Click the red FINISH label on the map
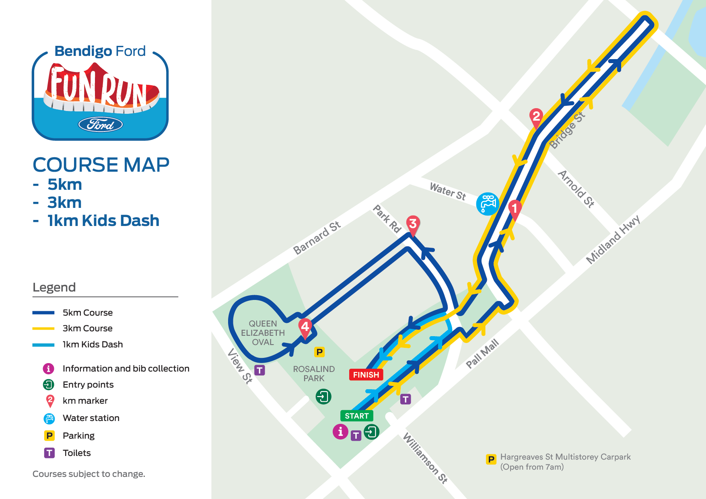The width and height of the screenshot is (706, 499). (x=366, y=375)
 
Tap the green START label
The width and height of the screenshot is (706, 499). (x=356, y=416)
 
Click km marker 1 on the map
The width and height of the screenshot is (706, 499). (x=515, y=208)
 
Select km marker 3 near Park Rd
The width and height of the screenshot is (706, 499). (x=413, y=224)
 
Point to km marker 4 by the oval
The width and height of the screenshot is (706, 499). (x=305, y=327)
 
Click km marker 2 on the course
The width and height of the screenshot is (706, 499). (x=536, y=117)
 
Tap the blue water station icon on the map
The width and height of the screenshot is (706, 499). (x=488, y=203)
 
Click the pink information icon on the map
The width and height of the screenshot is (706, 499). (x=340, y=431)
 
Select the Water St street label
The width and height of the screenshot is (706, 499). (x=448, y=191)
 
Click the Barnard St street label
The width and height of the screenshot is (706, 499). (x=317, y=238)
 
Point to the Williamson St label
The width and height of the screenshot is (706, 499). (x=425, y=458)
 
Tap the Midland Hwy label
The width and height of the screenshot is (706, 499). (x=613, y=240)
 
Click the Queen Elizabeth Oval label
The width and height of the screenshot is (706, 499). (x=263, y=333)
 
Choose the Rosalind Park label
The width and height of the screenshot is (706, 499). (x=314, y=374)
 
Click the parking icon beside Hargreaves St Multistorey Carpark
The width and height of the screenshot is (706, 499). (x=491, y=459)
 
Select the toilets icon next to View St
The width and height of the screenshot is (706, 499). (x=260, y=370)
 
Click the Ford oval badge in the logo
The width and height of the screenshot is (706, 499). (x=100, y=125)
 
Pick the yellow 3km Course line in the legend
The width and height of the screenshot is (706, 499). (x=43, y=329)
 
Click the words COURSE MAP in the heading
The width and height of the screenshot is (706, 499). (x=101, y=165)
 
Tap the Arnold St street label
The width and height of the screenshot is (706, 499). (x=576, y=189)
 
